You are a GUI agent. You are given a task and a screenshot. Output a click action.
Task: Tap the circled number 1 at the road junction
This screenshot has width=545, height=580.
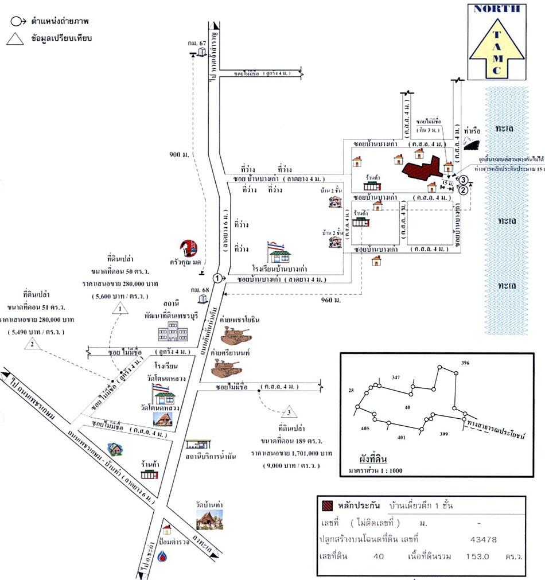click(x=217, y=278)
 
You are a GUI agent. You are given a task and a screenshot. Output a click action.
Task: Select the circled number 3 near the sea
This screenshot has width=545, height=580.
click(x=463, y=180)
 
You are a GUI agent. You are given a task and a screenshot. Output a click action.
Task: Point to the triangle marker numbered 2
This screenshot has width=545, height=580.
click(x=33, y=343)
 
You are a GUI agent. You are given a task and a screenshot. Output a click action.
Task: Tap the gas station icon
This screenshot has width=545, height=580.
click(x=198, y=446)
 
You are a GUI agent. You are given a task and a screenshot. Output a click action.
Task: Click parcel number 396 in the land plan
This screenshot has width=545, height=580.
click(x=465, y=363)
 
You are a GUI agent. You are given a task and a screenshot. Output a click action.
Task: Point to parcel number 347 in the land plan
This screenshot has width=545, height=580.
click(x=396, y=377)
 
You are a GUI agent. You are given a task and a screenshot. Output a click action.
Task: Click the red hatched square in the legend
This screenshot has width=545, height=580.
click(x=328, y=506)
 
